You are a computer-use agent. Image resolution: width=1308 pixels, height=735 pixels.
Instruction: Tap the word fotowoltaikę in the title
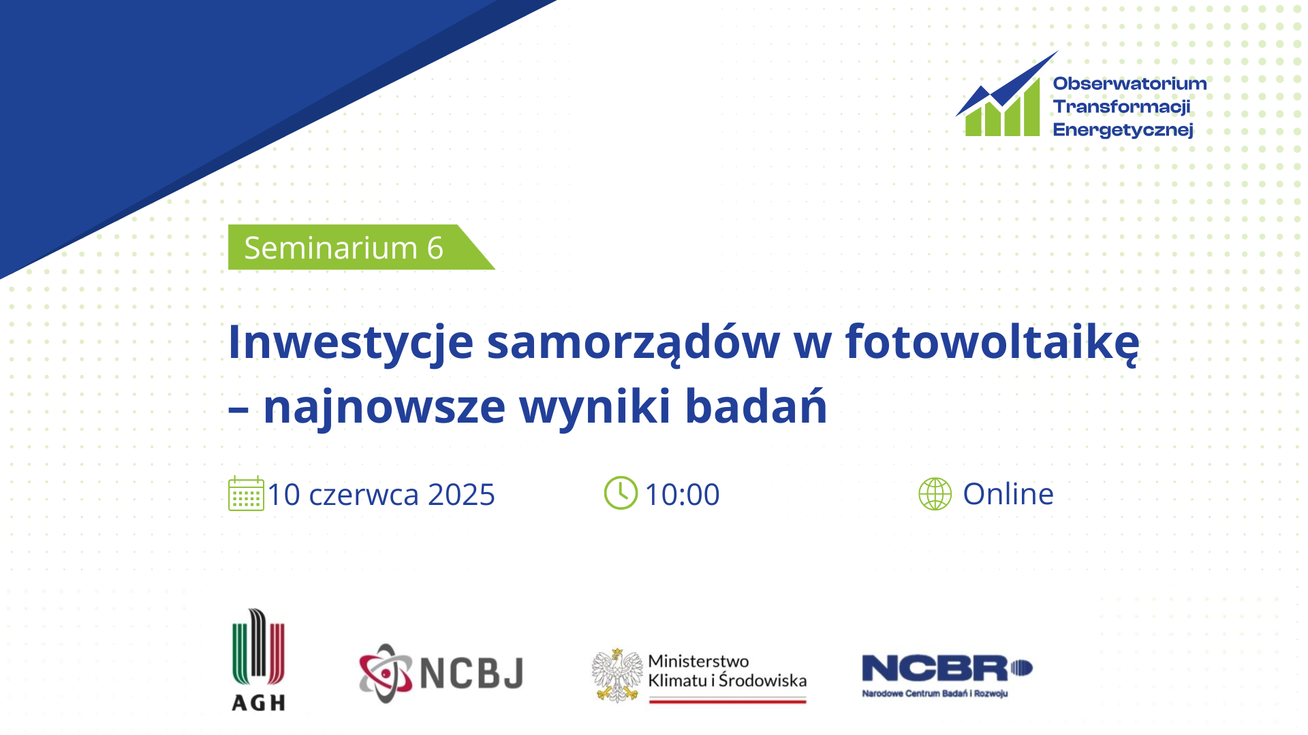(x=992, y=342)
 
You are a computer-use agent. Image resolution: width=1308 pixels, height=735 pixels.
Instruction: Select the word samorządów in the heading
(x=634, y=342)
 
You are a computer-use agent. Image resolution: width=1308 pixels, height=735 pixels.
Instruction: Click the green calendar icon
(x=246, y=493)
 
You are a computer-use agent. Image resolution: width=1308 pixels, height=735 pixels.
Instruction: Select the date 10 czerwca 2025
(x=381, y=494)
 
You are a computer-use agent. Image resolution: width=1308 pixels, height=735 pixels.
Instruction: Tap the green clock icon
(x=621, y=493)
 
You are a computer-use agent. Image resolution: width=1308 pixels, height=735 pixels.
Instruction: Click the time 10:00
(x=682, y=494)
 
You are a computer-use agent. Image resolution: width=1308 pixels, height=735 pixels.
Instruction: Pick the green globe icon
(x=935, y=493)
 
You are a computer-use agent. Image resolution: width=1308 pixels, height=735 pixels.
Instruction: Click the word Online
(x=1008, y=493)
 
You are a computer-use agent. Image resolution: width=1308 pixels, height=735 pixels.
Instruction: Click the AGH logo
(x=259, y=659)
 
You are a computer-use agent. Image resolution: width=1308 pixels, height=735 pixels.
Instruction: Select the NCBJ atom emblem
(x=386, y=673)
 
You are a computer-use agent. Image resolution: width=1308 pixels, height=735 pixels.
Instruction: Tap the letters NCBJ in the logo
(x=471, y=673)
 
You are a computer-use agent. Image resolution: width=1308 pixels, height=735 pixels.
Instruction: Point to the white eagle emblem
(x=617, y=674)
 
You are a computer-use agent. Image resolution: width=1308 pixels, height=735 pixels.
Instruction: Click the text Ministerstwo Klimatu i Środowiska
(x=727, y=670)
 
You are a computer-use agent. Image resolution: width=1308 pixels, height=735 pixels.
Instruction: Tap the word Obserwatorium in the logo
(x=1130, y=83)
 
